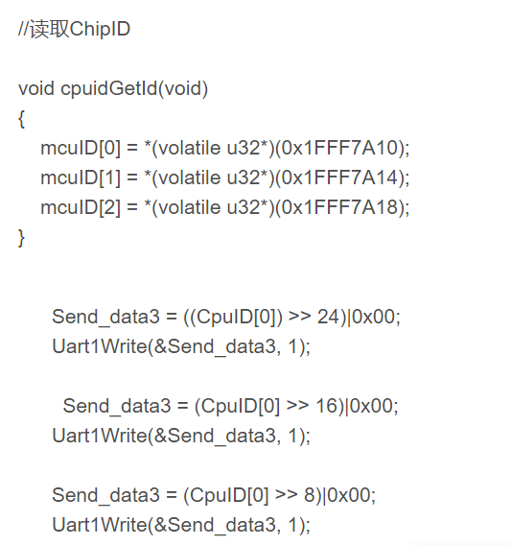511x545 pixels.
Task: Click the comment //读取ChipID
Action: (75, 29)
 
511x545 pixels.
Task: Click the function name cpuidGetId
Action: (108, 88)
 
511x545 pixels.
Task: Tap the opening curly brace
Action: (21, 119)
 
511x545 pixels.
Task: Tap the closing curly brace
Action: (21, 238)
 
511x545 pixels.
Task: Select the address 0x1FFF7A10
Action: (339, 148)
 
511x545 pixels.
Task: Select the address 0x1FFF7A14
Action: (339, 178)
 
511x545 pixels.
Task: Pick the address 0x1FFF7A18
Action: (339, 207)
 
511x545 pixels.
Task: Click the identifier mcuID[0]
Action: (81, 148)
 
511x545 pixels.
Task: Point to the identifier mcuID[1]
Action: (81, 178)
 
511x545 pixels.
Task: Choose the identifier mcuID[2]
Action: (81, 207)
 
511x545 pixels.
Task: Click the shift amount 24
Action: (327, 317)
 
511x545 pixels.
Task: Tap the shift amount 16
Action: (326, 406)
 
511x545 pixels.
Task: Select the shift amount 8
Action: (310, 495)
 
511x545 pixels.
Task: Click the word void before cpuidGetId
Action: (36, 88)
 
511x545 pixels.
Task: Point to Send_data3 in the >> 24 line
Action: (105, 318)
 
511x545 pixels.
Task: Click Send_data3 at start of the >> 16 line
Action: (117, 406)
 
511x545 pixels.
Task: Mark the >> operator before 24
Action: (300, 317)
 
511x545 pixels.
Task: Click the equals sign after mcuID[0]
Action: (132, 149)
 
